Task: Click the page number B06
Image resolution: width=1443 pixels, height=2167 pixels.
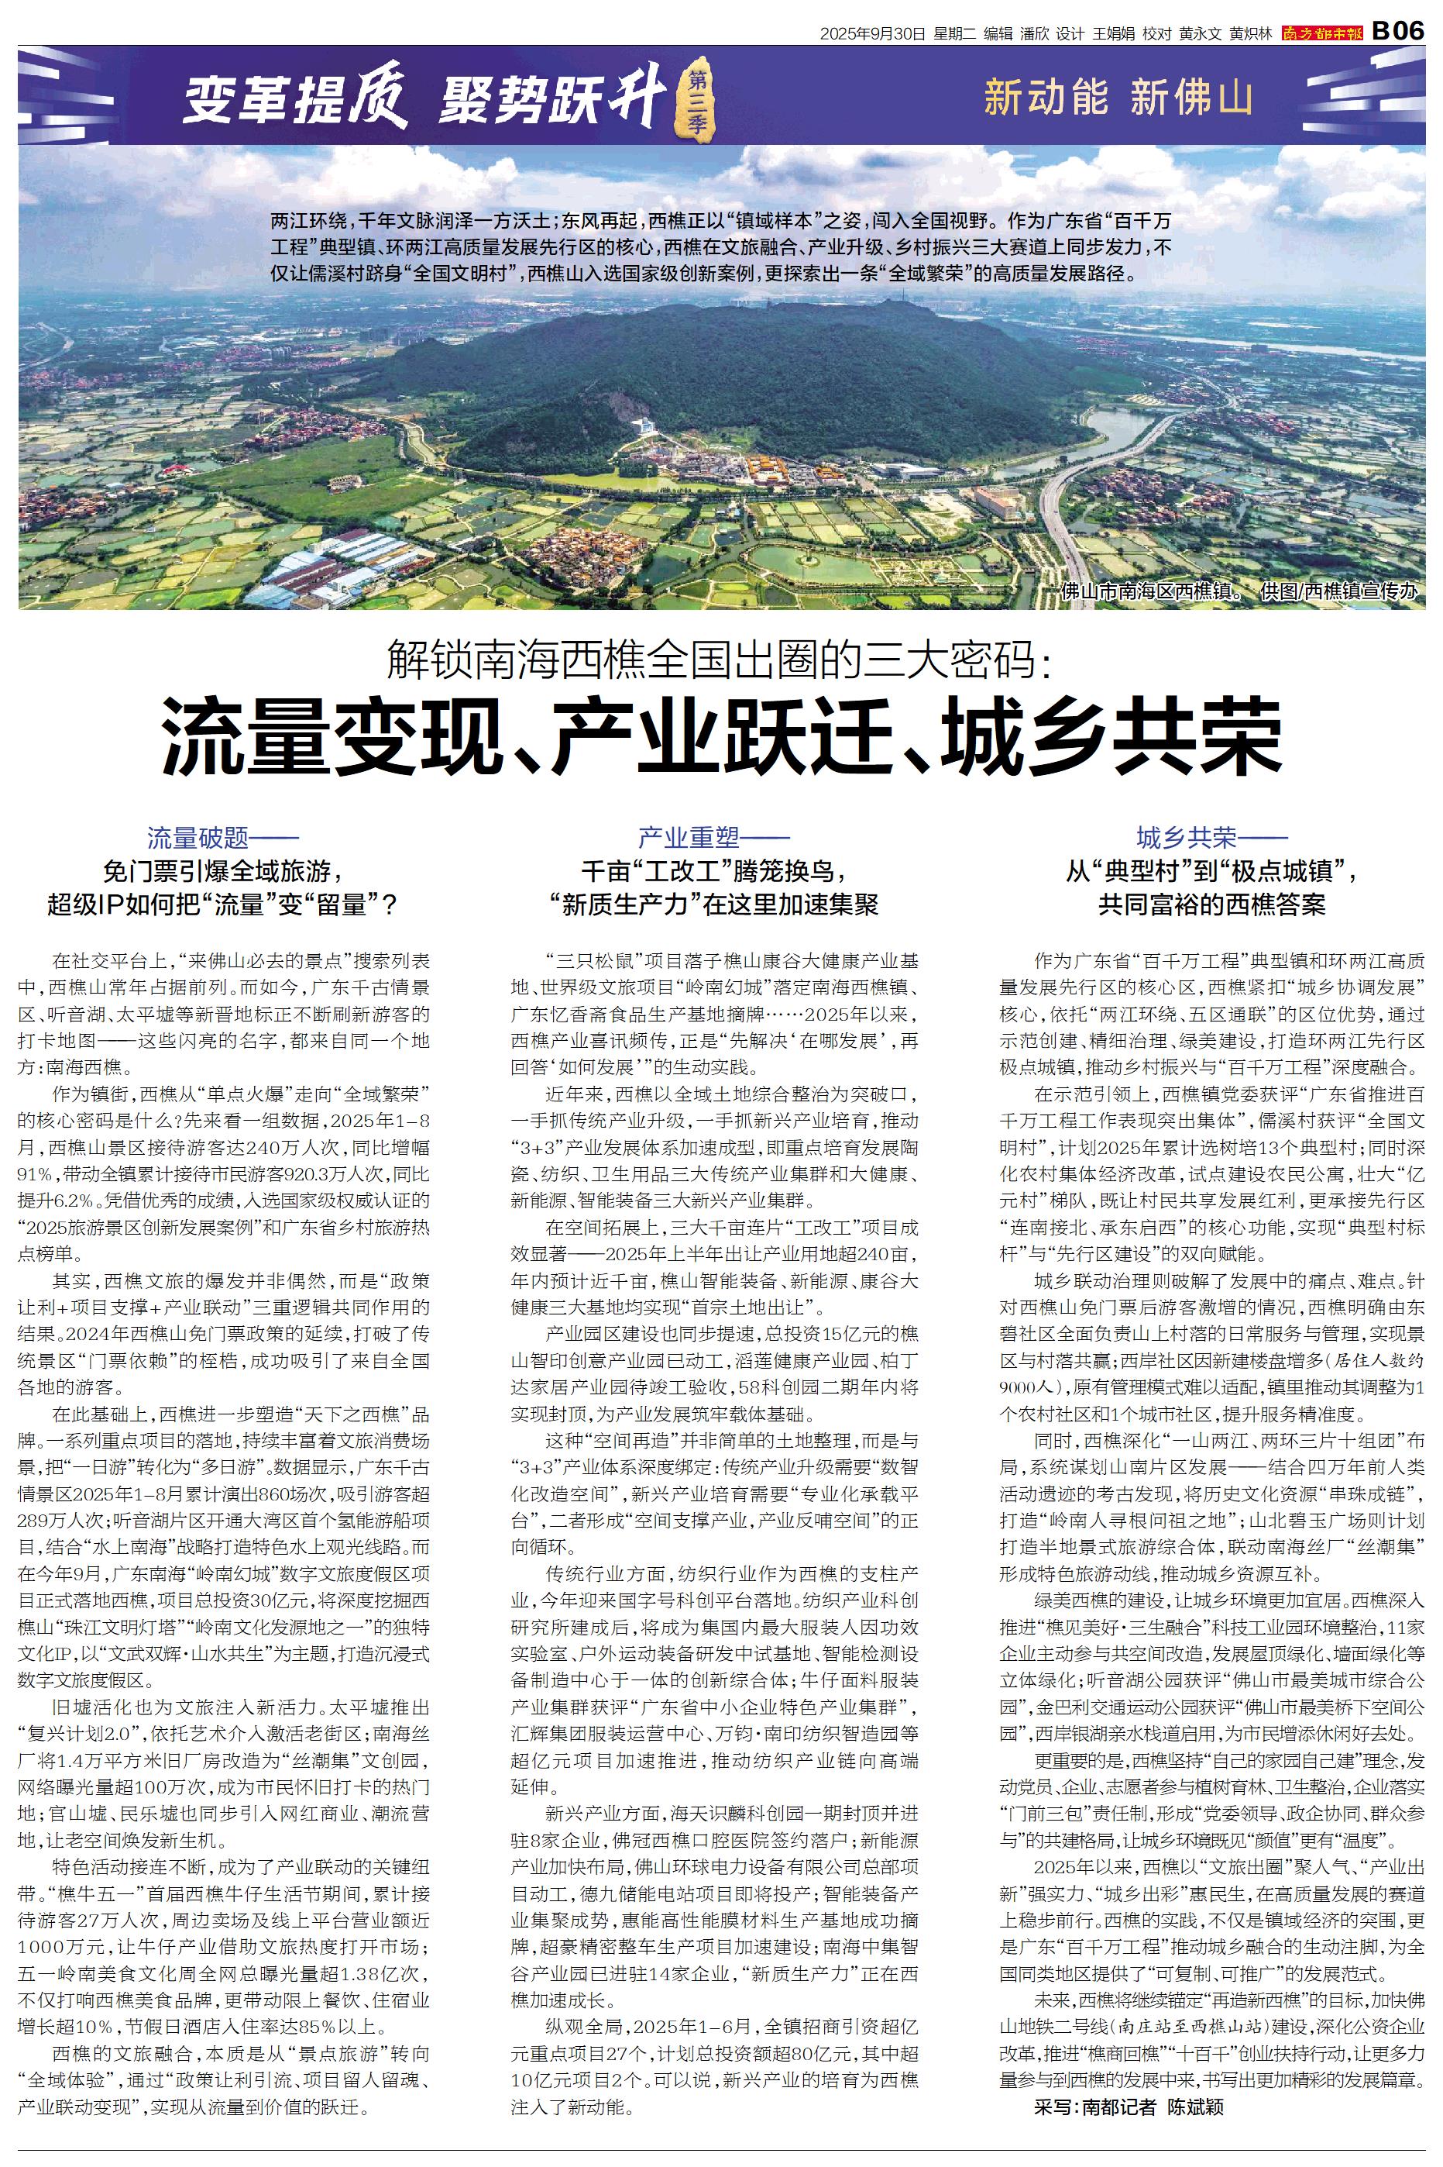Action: click(1398, 31)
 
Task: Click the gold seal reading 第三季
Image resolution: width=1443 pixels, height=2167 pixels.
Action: click(695, 102)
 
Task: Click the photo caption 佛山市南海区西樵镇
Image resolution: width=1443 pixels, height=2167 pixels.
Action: click(1150, 592)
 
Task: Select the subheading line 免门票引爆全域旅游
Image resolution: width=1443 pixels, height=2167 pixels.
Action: click(223, 871)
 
